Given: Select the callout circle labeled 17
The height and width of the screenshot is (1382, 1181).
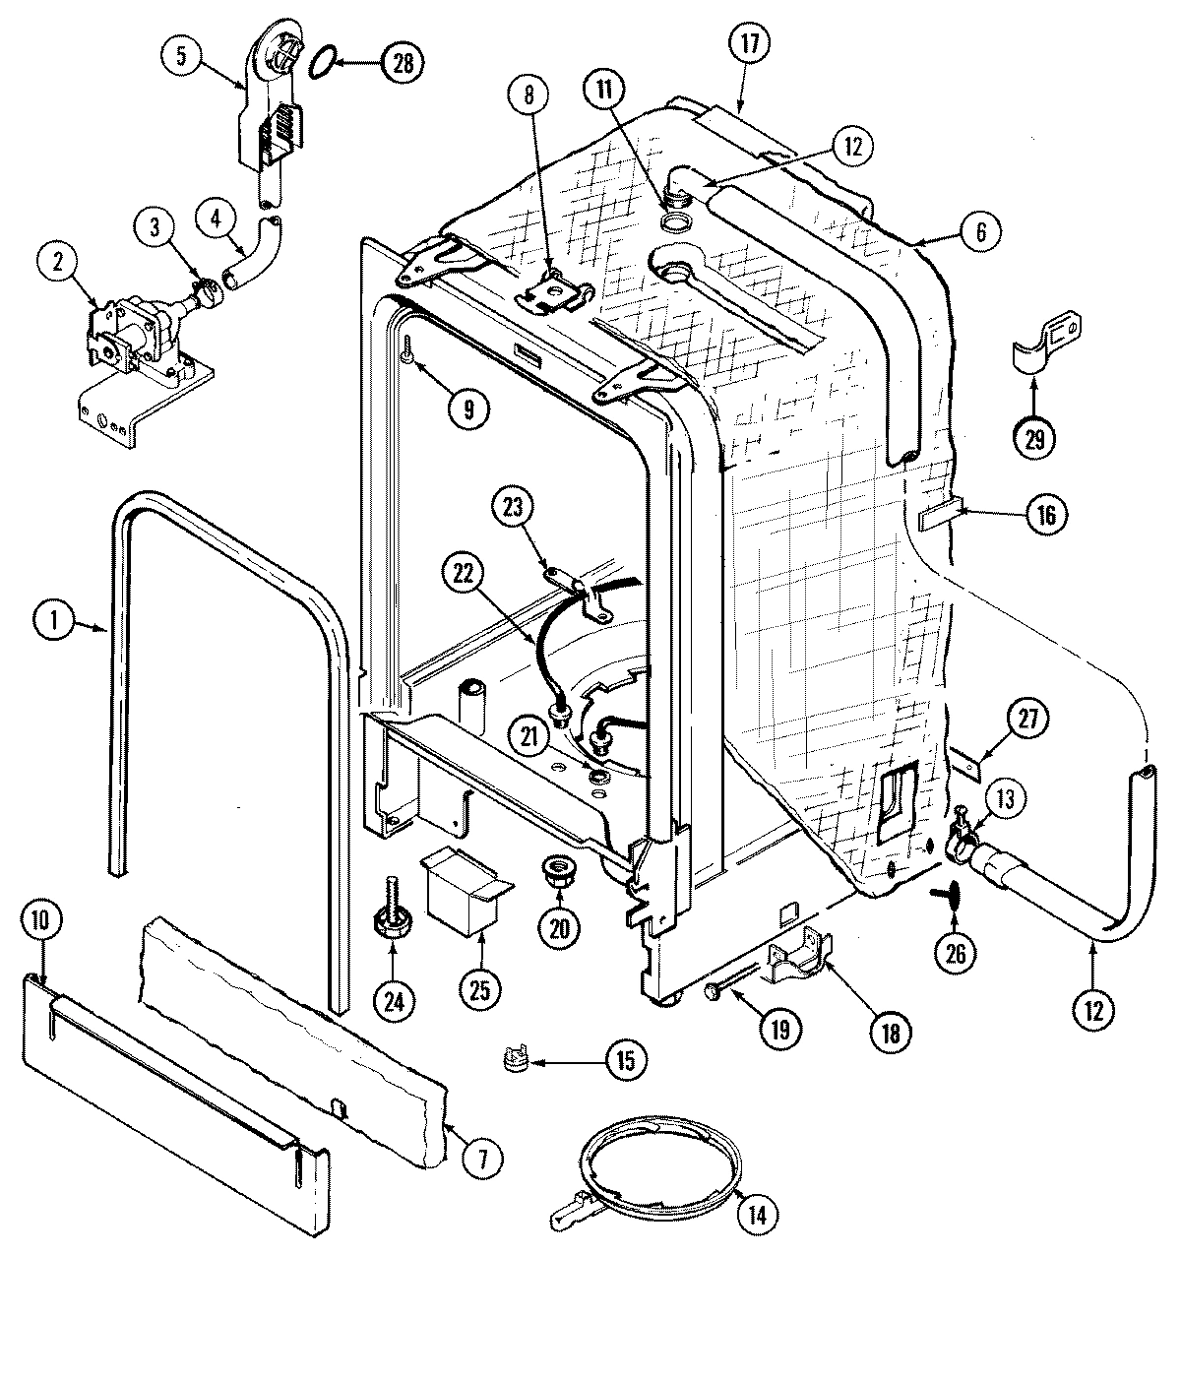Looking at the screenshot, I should pyautogui.click(x=750, y=43).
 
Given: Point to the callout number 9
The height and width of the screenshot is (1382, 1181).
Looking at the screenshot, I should pyautogui.click(x=468, y=410).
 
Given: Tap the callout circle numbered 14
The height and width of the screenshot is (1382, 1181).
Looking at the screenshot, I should pyautogui.click(x=756, y=1215).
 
